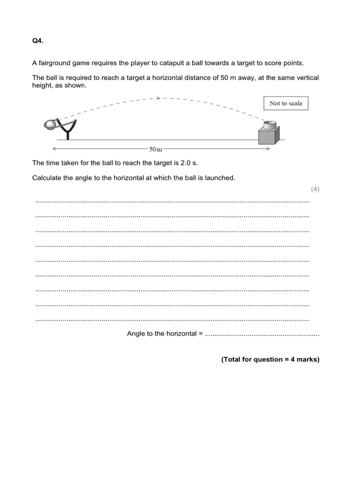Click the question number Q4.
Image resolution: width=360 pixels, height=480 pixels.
click(x=37, y=41)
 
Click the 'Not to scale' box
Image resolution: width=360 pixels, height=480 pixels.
click(x=285, y=103)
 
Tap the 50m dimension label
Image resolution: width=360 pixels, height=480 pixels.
click(x=156, y=150)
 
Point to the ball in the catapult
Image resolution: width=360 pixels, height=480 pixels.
click(x=50, y=124)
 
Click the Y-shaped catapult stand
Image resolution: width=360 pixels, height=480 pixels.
click(x=69, y=129)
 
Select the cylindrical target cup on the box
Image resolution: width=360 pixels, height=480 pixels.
click(x=270, y=125)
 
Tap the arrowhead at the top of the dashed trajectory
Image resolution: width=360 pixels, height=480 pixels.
click(x=158, y=98)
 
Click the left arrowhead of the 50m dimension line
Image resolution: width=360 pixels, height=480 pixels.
click(x=54, y=149)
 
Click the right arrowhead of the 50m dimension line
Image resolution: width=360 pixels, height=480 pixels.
click(x=268, y=149)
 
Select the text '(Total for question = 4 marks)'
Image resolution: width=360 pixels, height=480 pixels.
click(x=270, y=360)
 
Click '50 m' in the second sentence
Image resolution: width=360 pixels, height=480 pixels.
click(x=222, y=78)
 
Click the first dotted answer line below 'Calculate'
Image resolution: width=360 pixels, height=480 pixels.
click(x=172, y=202)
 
